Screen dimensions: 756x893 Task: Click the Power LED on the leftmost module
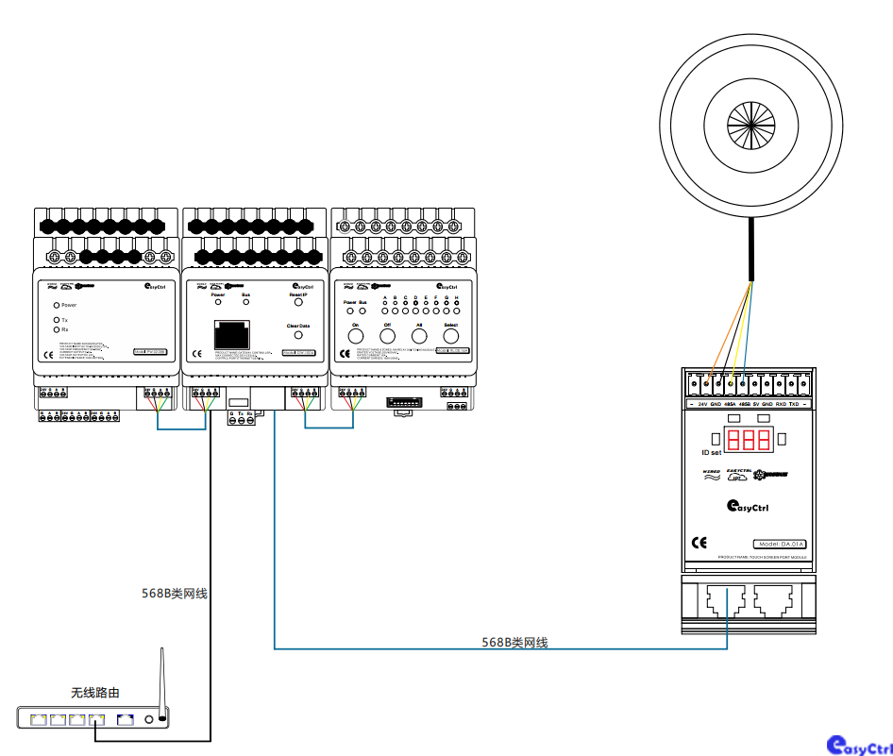(x=57, y=306)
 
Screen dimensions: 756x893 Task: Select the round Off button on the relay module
(x=387, y=335)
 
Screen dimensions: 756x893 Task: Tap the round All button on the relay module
(x=419, y=335)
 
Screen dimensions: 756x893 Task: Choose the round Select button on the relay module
(x=451, y=335)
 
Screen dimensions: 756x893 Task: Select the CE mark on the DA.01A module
(x=699, y=543)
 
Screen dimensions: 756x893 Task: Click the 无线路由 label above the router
(x=95, y=693)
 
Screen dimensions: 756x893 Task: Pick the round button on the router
(x=149, y=720)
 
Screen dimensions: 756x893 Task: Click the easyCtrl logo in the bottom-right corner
(x=858, y=746)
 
